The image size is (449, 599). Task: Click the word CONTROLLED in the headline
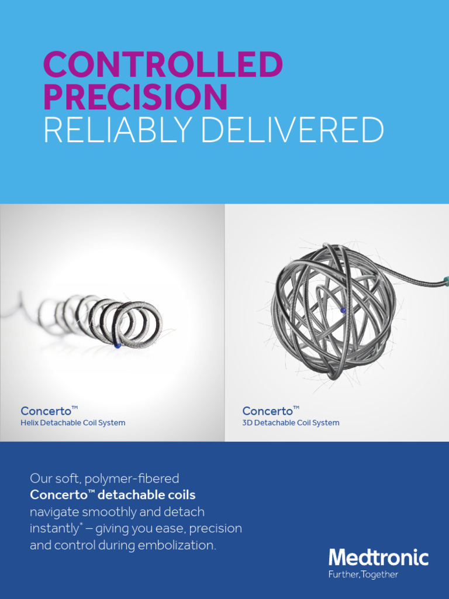pyautogui.click(x=163, y=66)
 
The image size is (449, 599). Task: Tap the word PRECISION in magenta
pyautogui.click(x=135, y=98)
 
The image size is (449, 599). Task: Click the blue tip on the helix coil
pyautogui.click(x=118, y=346)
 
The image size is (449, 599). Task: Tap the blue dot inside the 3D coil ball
pyautogui.click(x=343, y=310)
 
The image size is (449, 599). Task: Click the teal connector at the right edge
pyautogui.click(x=446, y=281)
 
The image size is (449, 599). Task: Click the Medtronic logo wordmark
pyautogui.click(x=378, y=557)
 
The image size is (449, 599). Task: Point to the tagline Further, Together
pyautogui.click(x=363, y=575)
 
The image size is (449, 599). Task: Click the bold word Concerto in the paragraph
pyautogui.click(x=57, y=495)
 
